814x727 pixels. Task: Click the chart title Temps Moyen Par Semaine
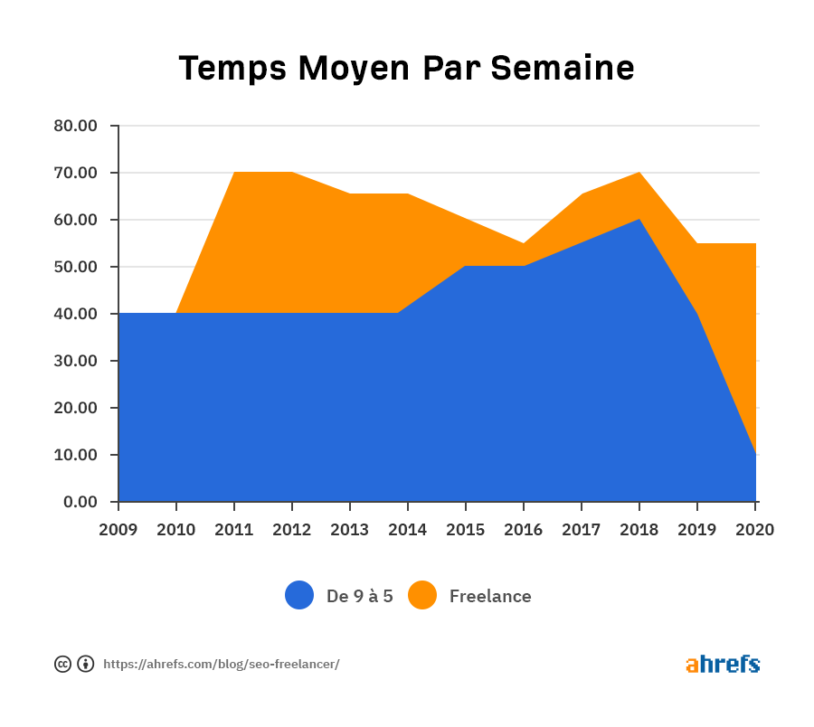coord(406,69)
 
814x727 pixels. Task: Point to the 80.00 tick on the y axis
coord(75,126)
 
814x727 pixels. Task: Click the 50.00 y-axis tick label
coord(75,267)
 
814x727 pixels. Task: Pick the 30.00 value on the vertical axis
coord(75,361)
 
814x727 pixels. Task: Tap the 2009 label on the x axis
coord(118,530)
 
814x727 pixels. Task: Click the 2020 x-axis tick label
coord(755,530)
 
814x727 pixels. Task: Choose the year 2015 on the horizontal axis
coord(466,530)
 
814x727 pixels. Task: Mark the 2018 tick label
coord(639,530)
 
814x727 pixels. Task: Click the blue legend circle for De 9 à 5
coord(299,595)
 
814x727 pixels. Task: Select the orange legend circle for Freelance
coord(422,595)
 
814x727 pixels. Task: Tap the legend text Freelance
coord(490,596)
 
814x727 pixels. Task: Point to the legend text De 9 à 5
coord(360,596)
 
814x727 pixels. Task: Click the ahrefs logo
coord(723,665)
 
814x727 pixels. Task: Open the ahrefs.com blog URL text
coord(222,665)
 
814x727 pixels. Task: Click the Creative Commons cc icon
coord(62,665)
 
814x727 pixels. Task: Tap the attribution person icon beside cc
coord(86,665)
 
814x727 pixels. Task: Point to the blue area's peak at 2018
coord(639,220)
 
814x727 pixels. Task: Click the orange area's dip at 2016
coord(524,243)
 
